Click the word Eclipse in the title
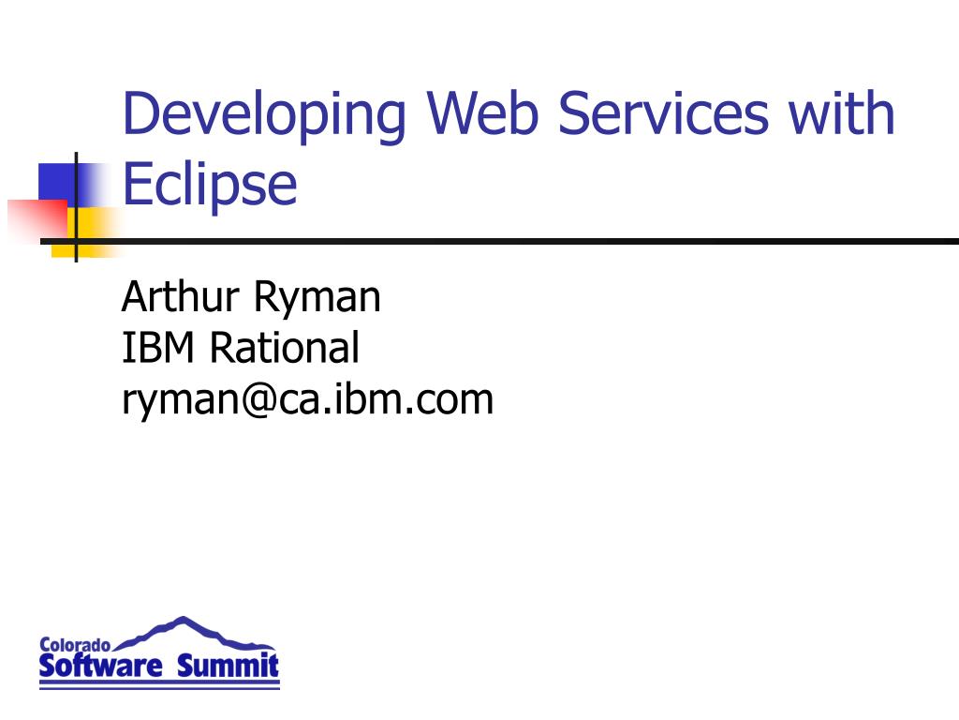(210, 185)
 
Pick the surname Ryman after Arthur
(317, 298)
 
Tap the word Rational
(284, 348)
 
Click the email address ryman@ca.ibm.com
(307, 399)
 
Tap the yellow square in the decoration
(94, 230)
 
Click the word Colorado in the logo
(75, 645)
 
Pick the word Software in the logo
(100, 667)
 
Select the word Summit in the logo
(229, 667)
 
